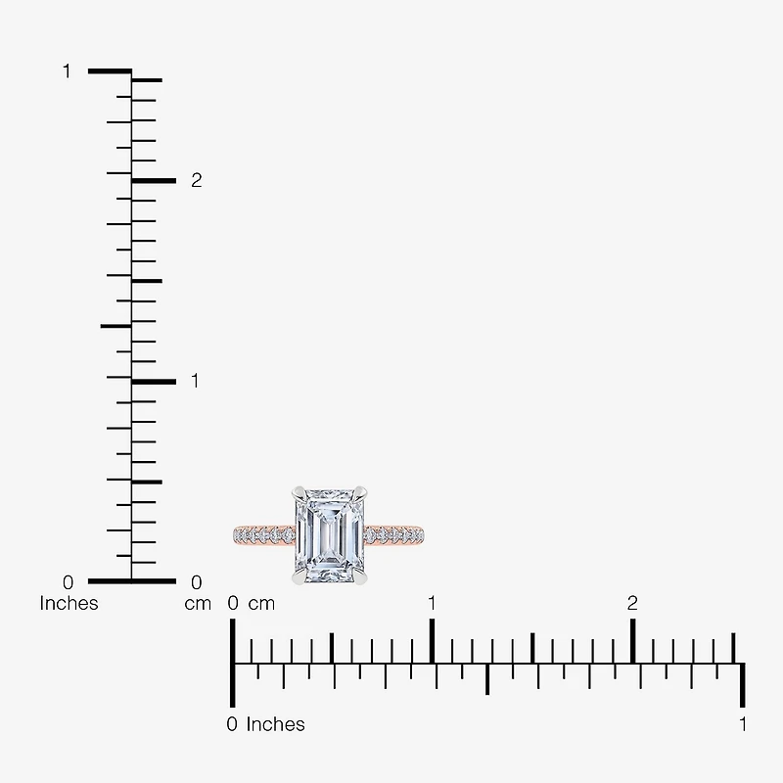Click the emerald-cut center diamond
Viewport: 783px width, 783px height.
click(x=330, y=535)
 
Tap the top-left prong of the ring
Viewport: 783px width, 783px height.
click(x=299, y=493)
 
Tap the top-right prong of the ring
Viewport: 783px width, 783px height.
click(x=360, y=493)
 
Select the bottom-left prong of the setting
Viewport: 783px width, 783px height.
click(x=299, y=577)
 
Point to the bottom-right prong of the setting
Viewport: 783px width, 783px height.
click(x=360, y=577)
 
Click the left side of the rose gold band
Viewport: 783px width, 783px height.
click(x=264, y=534)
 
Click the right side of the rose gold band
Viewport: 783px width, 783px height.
click(x=394, y=534)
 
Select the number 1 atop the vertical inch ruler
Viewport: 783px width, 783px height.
click(x=67, y=71)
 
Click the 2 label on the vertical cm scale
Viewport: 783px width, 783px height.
click(x=197, y=180)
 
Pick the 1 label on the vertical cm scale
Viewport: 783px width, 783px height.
click(x=195, y=381)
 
